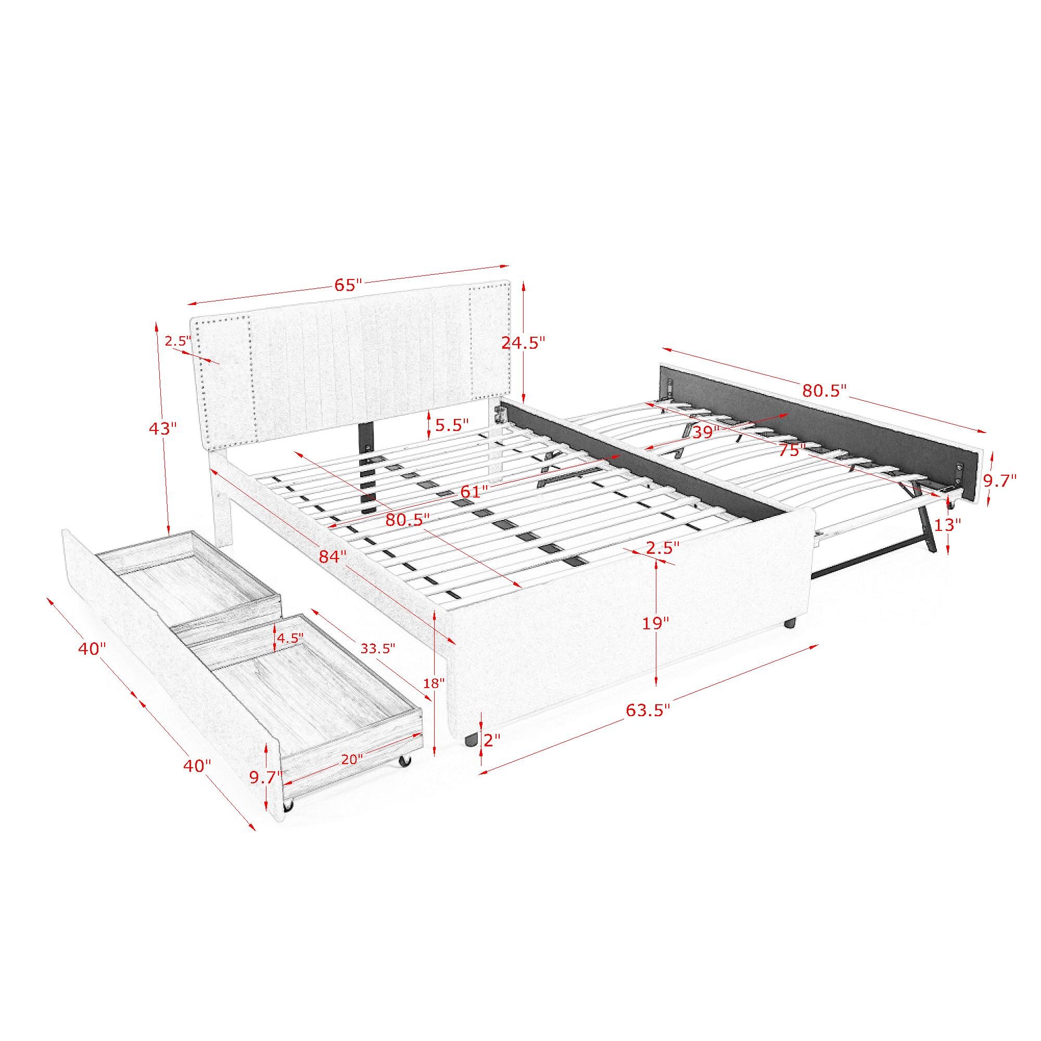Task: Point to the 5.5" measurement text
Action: (x=452, y=425)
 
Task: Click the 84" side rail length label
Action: (x=333, y=556)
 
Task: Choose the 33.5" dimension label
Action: (x=378, y=649)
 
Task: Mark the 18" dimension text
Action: (x=434, y=684)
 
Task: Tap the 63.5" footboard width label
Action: (x=648, y=710)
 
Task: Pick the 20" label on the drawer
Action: (x=352, y=759)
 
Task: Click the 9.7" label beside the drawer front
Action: (x=266, y=777)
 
